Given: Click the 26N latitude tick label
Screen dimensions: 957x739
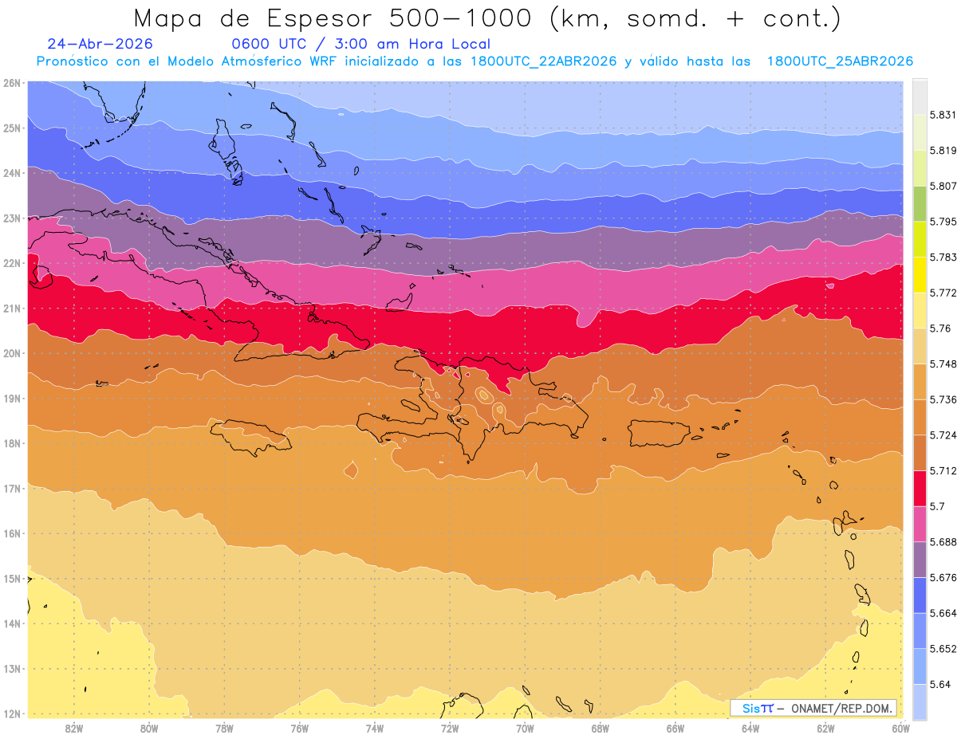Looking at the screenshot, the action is (x=11, y=83).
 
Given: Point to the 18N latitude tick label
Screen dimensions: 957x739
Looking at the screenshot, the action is (x=11, y=443).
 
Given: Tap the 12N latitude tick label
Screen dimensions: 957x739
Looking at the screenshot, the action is (x=11, y=713).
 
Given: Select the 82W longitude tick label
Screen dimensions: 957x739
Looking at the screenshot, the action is (x=74, y=729).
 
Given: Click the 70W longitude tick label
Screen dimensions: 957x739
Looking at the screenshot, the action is (x=525, y=729).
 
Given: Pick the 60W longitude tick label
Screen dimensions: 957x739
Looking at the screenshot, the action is (x=900, y=729).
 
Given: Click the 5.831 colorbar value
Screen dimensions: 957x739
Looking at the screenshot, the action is (x=943, y=115).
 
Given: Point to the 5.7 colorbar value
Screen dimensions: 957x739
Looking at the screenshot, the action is (x=937, y=506).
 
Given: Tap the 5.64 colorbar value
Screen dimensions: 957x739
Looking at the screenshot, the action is (x=939, y=684).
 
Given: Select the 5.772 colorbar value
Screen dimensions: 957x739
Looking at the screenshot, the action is (x=943, y=293).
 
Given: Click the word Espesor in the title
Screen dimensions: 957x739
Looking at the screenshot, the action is (x=319, y=18).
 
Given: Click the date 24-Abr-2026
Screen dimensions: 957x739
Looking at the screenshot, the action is (x=100, y=44).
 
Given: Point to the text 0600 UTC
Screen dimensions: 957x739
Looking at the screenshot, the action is (x=269, y=44).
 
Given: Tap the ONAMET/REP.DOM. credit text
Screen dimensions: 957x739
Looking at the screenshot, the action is (x=841, y=709).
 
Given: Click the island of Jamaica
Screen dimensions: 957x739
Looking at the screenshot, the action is (x=250, y=436).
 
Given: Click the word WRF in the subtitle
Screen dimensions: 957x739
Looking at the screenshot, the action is (x=323, y=61).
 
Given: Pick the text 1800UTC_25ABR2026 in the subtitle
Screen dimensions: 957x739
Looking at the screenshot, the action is (x=840, y=61).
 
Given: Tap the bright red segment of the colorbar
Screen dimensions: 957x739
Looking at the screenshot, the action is (x=920, y=489).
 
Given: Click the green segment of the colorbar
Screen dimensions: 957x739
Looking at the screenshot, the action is (x=920, y=204).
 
